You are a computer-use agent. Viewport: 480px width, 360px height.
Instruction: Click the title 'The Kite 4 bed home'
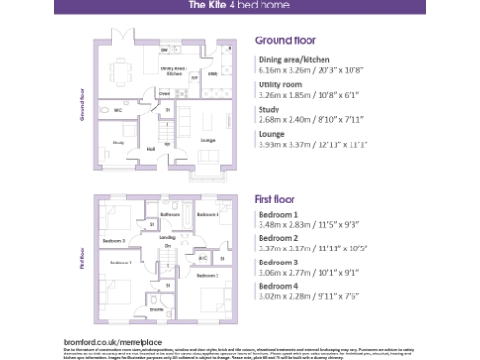pyautogui.click(x=240, y=6)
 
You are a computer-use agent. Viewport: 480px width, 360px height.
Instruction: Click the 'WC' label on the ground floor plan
pyautogui.click(x=119, y=111)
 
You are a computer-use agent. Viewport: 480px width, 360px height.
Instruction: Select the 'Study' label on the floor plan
pyautogui.click(x=118, y=142)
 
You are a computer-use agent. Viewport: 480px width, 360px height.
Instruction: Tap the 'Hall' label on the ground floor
pyautogui.click(x=151, y=148)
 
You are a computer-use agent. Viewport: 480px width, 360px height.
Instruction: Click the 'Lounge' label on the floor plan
pyautogui.click(x=207, y=141)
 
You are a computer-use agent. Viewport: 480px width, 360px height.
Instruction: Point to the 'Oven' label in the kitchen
pyautogui.click(x=164, y=94)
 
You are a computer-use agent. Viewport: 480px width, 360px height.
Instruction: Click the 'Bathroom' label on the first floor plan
pyautogui.click(x=170, y=215)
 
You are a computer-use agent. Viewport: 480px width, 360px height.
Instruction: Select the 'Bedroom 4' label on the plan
pyautogui.click(x=207, y=215)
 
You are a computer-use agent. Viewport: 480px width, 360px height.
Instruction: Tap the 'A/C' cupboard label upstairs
pyautogui.click(x=202, y=257)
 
